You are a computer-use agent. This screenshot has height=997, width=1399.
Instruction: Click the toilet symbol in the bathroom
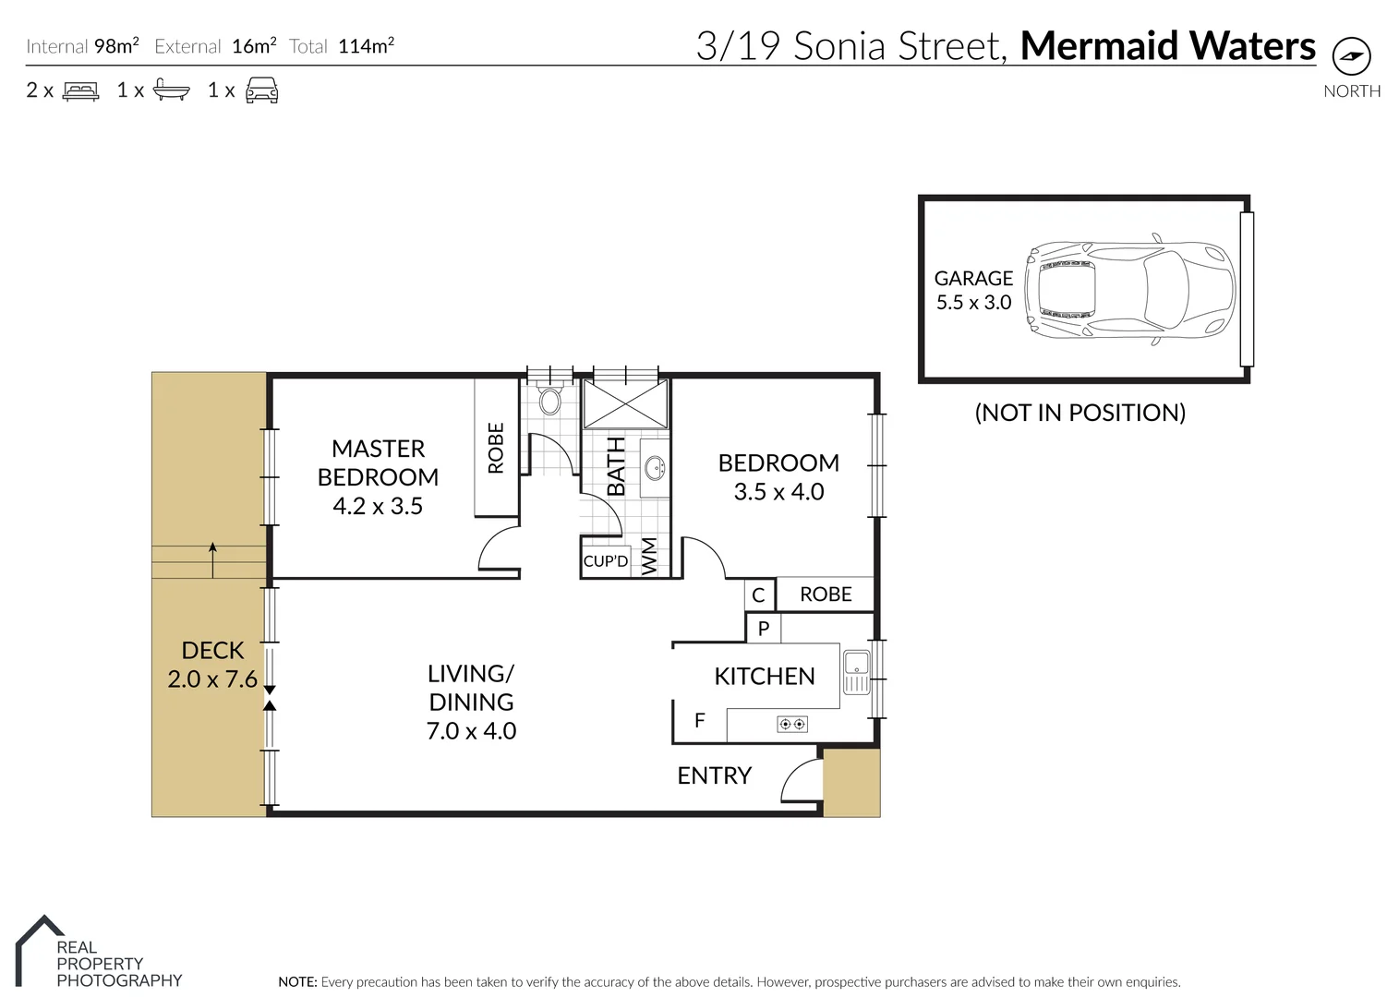coord(550,401)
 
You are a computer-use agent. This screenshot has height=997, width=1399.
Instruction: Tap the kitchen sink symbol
coord(856,671)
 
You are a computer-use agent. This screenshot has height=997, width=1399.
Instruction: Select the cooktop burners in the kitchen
coord(792,724)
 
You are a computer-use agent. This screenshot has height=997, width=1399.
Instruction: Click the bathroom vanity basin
coord(656,468)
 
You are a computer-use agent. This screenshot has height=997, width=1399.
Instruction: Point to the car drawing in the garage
coord(1131,290)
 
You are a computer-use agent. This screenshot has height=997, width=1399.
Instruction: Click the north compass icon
coord(1352,57)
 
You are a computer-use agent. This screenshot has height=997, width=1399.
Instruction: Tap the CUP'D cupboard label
coord(606,561)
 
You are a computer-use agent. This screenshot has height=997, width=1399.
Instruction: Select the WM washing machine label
coord(650,557)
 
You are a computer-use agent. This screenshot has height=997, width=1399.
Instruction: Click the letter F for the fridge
coord(699,720)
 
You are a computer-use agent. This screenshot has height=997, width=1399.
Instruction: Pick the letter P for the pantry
coord(764,629)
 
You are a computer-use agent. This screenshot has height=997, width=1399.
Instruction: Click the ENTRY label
coord(714,775)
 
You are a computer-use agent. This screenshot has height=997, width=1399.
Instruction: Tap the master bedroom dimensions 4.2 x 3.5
coord(377,506)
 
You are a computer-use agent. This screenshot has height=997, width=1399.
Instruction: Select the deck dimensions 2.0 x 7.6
coord(212,679)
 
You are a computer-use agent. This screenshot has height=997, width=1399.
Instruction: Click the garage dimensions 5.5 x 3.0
coord(973,302)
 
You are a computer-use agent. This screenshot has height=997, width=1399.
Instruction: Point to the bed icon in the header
coord(80,90)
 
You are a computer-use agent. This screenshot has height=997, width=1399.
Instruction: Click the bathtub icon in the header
coord(172,90)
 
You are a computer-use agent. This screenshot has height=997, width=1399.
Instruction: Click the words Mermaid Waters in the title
coord(1167,45)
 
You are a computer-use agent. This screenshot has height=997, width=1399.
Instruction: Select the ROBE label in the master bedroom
coord(496,448)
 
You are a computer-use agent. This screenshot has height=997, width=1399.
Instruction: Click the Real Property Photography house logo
coord(39,942)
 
